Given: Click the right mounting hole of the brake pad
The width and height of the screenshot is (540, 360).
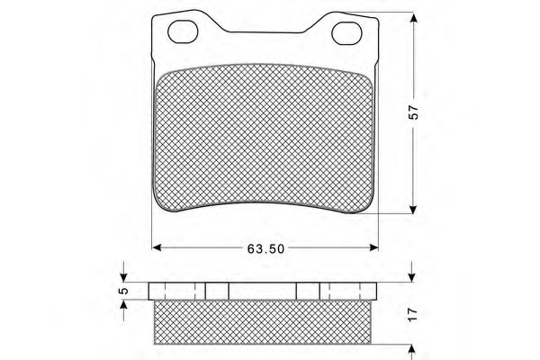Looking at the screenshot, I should pyautogui.click(x=346, y=33).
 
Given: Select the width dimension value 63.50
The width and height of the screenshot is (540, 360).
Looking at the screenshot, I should pyautogui.click(x=264, y=248).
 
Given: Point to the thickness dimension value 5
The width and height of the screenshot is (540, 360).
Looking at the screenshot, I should pyautogui.click(x=125, y=291).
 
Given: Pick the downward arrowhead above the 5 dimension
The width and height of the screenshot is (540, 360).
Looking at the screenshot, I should pyautogui.click(x=124, y=277).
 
